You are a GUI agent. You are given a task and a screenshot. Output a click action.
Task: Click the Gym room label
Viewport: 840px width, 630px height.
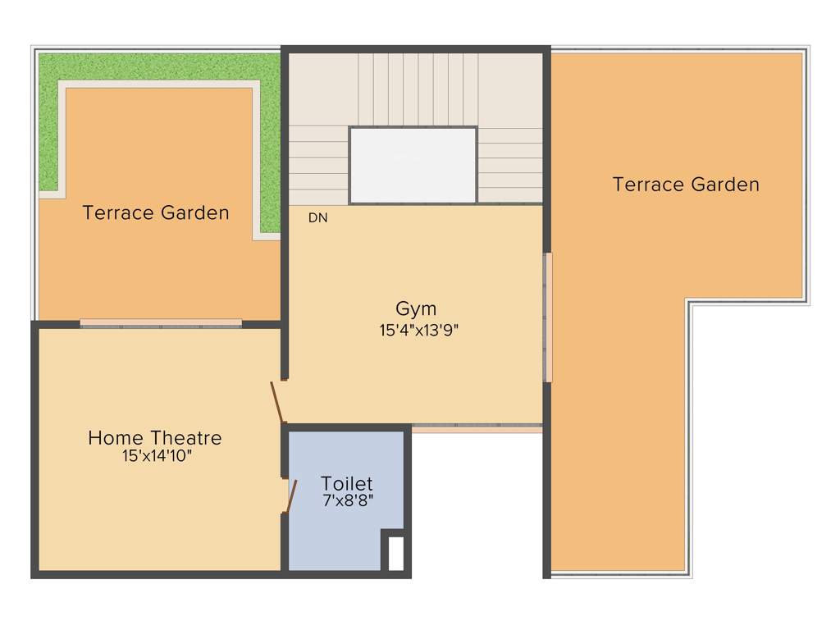click(416, 309)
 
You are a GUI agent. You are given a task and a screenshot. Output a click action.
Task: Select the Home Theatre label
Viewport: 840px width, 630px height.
click(154, 438)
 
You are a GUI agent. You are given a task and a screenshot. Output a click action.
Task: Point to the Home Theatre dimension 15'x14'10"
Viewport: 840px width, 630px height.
click(157, 456)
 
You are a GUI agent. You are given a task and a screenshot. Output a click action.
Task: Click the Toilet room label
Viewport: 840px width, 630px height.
click(346, 483)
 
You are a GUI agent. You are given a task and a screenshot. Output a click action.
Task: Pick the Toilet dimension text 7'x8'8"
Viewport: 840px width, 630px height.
click(348, 500)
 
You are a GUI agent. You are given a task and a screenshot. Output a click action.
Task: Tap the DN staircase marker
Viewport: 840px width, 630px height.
click(318, 218)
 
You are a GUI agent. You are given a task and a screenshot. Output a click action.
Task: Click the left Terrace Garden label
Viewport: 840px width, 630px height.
click(156, 213)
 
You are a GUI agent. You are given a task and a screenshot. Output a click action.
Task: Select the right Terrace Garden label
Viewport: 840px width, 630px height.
click(686, 185)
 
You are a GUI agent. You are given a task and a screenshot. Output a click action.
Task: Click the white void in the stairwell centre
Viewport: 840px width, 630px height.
click(413, 164)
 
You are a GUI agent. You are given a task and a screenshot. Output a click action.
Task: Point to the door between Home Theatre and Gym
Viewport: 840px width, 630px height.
click(278, 402)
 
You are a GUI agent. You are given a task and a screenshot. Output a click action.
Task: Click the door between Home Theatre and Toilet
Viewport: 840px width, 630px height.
click(290, 495)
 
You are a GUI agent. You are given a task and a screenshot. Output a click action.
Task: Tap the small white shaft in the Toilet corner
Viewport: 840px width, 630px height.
click(395, 553)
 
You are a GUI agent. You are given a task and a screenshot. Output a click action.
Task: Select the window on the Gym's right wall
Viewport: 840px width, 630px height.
click(548, 317)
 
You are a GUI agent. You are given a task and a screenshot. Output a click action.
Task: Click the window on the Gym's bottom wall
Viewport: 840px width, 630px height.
click(476, 428)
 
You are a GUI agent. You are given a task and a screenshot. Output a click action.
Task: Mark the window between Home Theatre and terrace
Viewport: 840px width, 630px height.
click(161, 323)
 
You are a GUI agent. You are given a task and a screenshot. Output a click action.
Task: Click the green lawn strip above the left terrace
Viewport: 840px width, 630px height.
click(156, 67)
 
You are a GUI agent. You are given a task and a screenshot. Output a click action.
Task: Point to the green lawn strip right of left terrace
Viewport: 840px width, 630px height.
click(270, 156)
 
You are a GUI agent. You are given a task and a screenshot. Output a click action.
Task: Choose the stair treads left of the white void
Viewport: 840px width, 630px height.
click(318, 164)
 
